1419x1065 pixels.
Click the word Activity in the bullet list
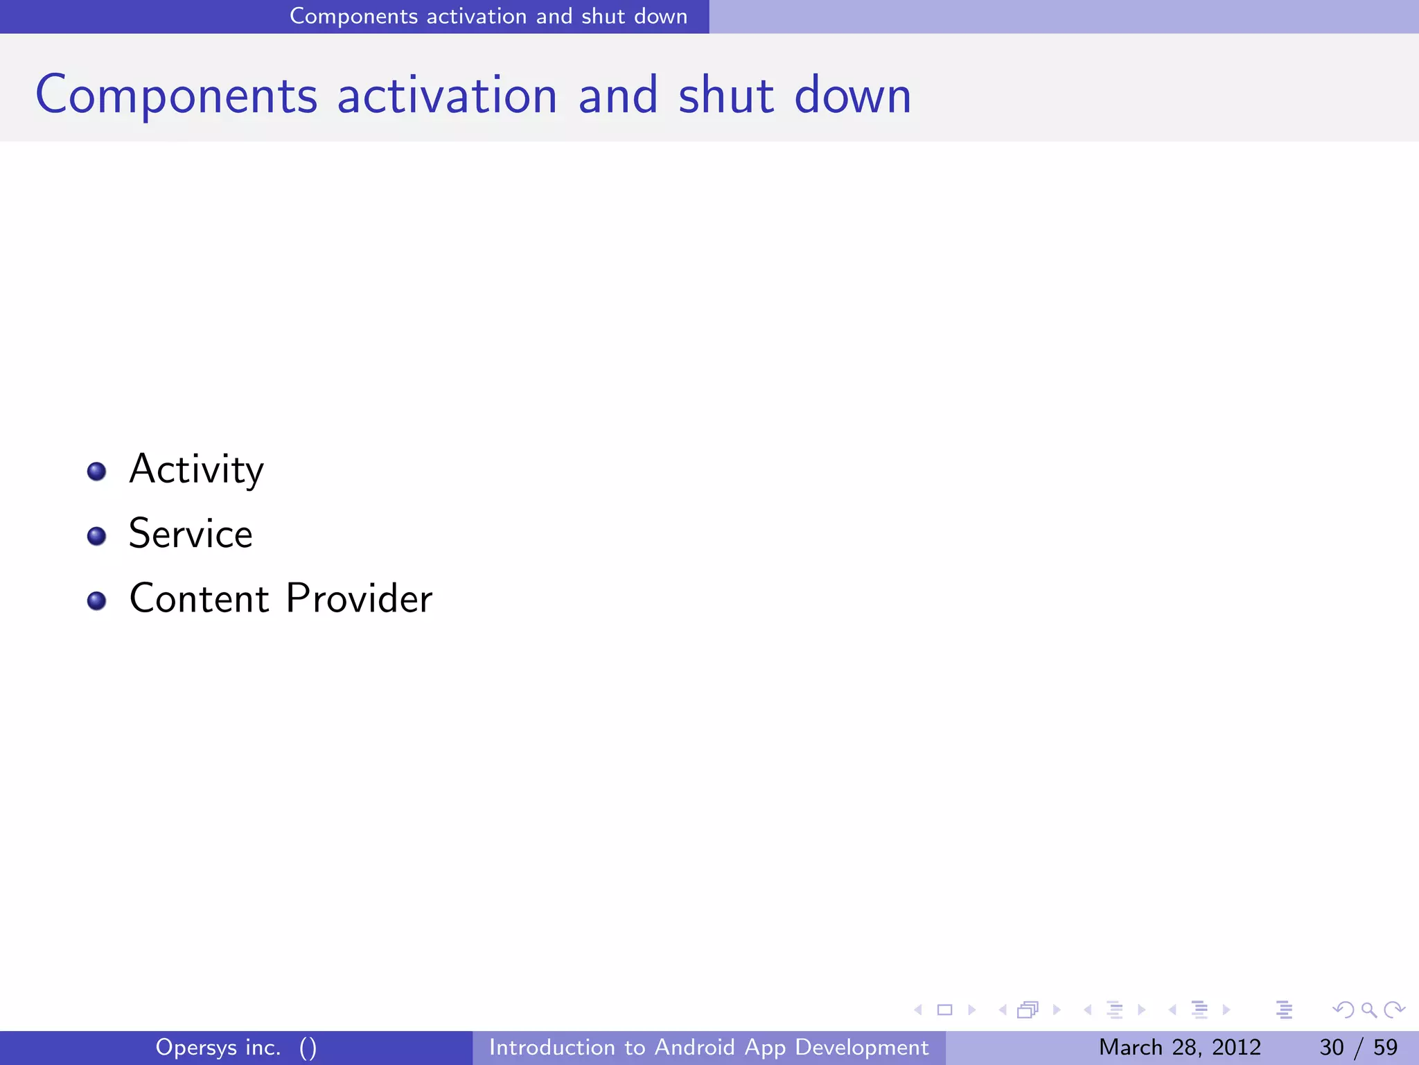pos(196,470)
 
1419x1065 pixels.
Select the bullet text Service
pos(191,534)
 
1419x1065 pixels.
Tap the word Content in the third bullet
pos(199,598)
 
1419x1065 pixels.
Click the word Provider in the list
pos(359,598)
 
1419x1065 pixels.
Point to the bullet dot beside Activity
pos(97,472)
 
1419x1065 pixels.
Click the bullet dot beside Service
pos(97,536)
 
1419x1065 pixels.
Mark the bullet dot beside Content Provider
pos(97,600)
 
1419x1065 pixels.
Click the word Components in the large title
pos(176,96)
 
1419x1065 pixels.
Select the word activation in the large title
pos(447,96)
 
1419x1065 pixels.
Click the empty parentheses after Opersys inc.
pos(308,1048)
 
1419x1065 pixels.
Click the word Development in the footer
pos(861,1047)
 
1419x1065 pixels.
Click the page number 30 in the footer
pos(1331,1047)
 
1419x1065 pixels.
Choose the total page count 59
pos(1385,1047)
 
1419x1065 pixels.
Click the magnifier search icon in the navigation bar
pos(1368,1010)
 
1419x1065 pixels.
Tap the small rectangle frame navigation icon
pos(944,1010)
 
